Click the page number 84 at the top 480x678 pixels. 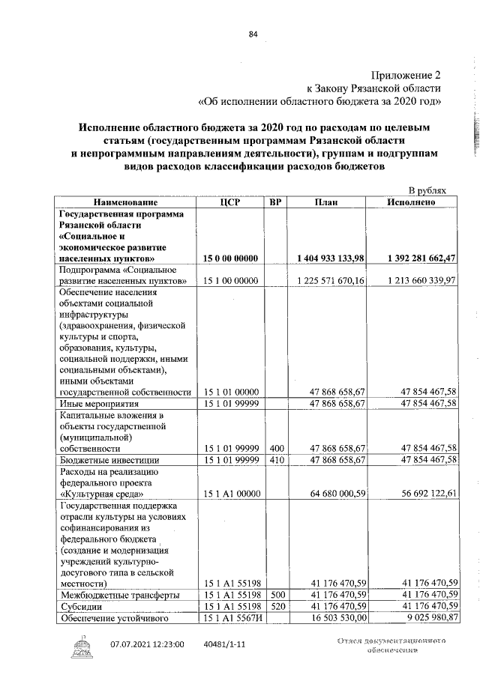(x=253, y=33)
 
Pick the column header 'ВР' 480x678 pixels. (x=275, y=202)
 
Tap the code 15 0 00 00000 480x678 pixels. (x=231, y=258)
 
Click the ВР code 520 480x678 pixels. (x=277, y=606)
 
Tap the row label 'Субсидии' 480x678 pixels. (x=81, y=606)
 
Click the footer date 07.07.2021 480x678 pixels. (x=136, y=644)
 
